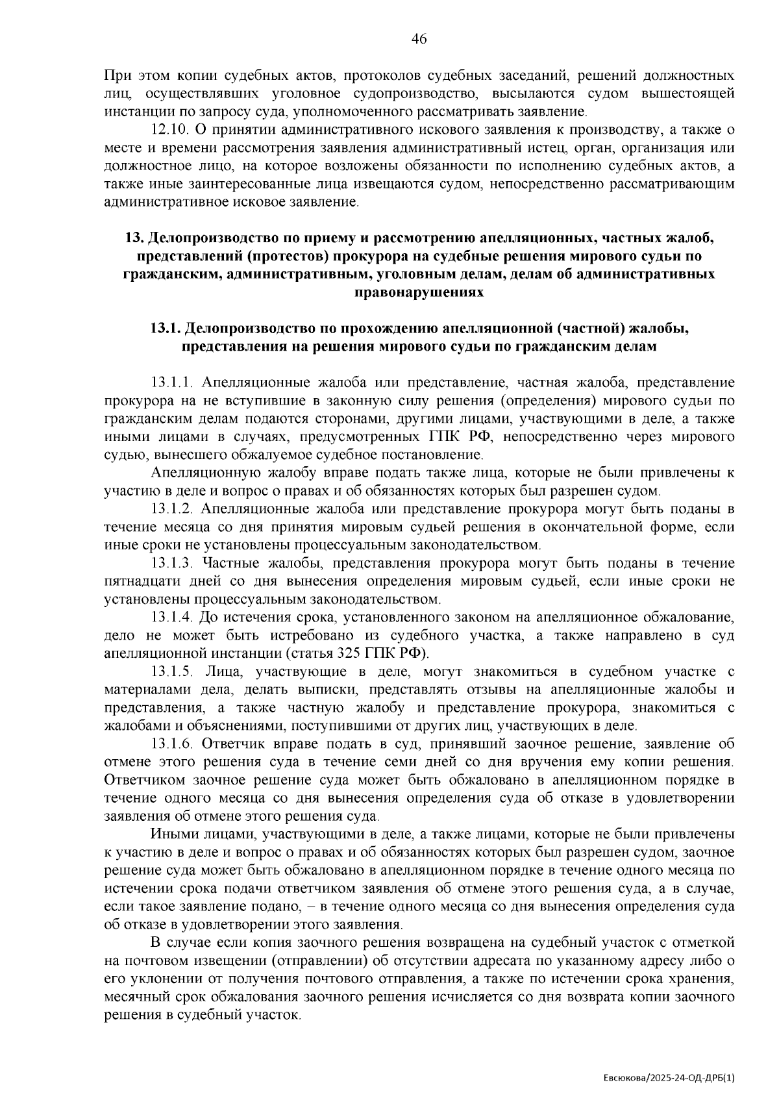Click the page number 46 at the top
(x=419, y=39)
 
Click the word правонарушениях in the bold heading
(x=419, y=292)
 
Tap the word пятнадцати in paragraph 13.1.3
(x=138, y=581)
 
